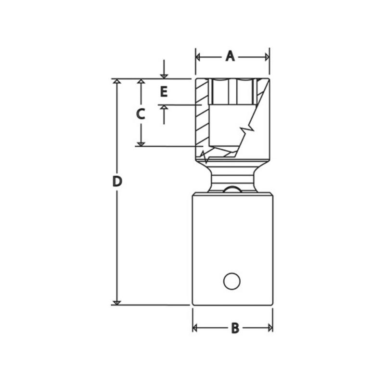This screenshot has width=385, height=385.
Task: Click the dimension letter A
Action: (x=230, y=57)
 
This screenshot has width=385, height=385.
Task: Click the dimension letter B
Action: (x=235, y=328)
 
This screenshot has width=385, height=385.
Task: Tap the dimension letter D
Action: (x=117, y=181)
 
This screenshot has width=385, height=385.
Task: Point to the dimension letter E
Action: (x=164, y=91)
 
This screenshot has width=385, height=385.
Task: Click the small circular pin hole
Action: (x=231, y=281)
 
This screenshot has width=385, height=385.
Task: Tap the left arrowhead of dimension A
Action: (x=198, y=57)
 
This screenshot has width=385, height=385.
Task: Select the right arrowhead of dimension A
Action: (x=267, y=57)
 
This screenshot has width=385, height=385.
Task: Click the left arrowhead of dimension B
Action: (x=195, y=328)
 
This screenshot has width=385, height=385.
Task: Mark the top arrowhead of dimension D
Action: (x=116, y=81)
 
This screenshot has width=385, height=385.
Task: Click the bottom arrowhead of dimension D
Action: (x=116, y=302)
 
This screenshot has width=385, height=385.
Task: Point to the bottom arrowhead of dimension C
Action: (x=141, y=143)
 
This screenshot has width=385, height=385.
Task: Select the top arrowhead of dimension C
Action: (x=141, y=82)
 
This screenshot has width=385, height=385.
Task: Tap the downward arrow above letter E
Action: (x=164, y=76)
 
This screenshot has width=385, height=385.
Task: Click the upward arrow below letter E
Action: (x=164, y=108)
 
